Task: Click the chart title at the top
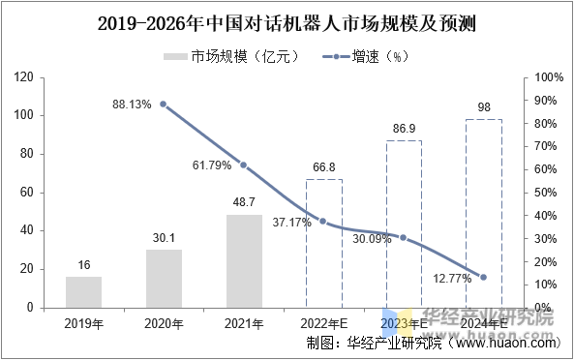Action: point(287,21)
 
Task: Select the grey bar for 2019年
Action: point(84,292)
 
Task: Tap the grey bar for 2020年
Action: point(164,279)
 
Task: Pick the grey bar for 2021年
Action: point(244,261)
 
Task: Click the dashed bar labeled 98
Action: point(483,213)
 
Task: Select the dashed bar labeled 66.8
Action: point(323,243)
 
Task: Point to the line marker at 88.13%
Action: point(163,105)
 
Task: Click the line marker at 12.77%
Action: point(483,278)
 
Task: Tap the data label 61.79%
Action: point(212,165)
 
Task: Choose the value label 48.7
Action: point(244,202)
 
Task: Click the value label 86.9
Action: point(404,128)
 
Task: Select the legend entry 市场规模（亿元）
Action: point(223,56)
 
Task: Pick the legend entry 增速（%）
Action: point(377,56)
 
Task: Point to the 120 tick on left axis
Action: point(26,77)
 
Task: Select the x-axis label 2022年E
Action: point(323,322)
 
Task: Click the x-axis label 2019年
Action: point(84,322)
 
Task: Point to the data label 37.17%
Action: point(291,223)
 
